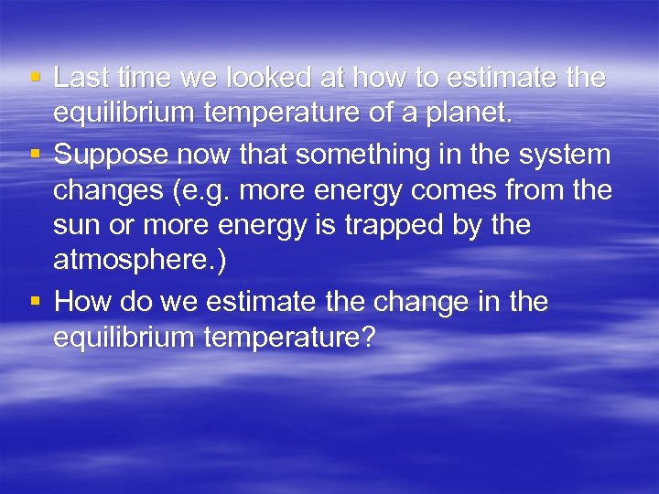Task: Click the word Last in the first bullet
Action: (80, 79)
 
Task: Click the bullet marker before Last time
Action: (34, 78)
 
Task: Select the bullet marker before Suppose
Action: (34, 153)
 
